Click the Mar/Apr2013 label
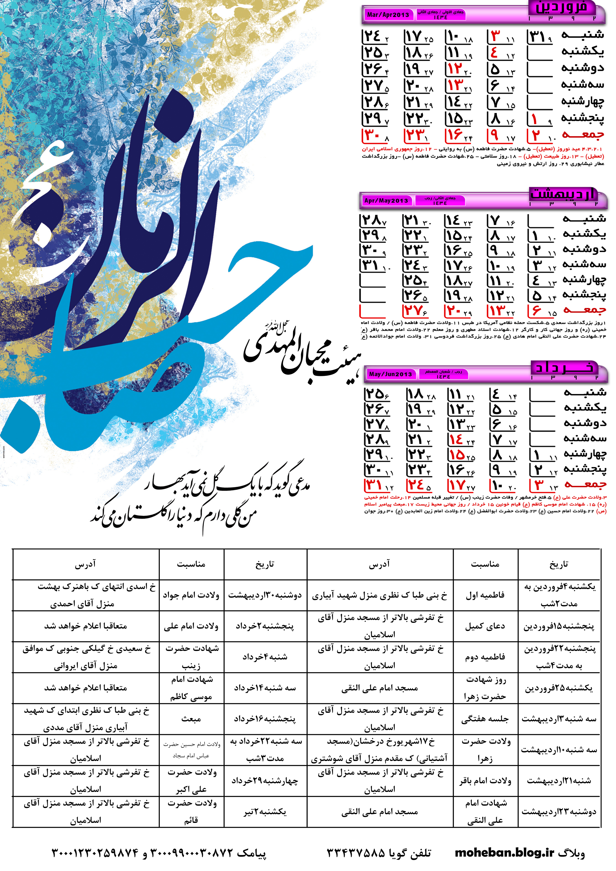387,15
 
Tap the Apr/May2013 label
385,200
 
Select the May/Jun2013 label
390,374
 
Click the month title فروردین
561,8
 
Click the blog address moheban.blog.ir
504,853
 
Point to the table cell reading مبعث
191,719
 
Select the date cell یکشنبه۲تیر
265,812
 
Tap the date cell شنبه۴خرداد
265,657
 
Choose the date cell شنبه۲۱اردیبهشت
559,781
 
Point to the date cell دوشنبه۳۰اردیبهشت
265,595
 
